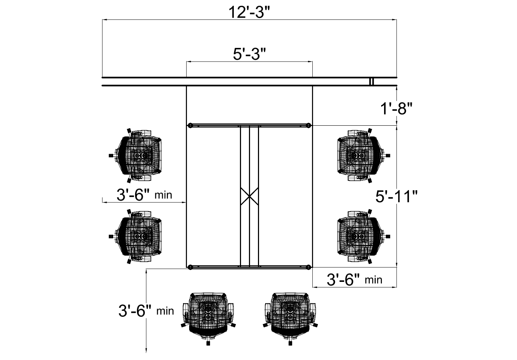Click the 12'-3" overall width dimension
(249, 13)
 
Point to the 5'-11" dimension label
(396, 197)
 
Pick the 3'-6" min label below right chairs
(354, 279)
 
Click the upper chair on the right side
(361, 155)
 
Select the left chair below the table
(208, 315)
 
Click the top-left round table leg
(190, 125)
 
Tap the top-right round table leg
(308, 125)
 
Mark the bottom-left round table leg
(190, 267)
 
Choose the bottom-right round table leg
(308, 267)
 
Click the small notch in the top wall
(371, 82)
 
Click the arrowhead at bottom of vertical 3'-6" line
(146, 350)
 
